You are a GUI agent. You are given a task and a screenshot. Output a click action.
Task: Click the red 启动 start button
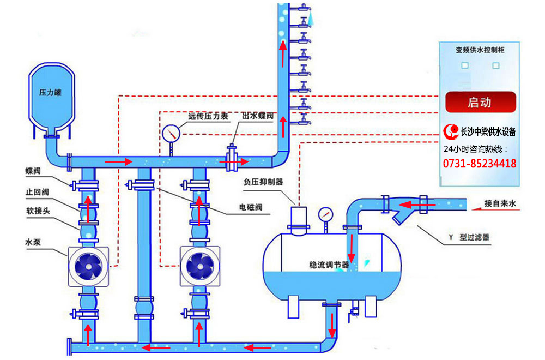point(480,102)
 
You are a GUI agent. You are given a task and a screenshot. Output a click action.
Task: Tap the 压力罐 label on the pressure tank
point(50,93)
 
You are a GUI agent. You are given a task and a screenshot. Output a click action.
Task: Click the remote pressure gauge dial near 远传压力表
point(171,134)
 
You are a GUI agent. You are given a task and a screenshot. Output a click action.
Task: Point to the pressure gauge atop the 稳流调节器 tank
point(325,215)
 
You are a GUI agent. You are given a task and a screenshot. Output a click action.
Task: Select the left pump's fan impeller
point(88,266)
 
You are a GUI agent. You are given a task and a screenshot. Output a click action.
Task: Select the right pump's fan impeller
point(200,266)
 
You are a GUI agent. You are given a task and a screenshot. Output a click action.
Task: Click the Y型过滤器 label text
point(469,237)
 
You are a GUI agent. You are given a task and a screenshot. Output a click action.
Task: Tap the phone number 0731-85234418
point(480,164)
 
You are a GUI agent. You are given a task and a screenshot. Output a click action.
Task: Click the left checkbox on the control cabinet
point(465,65)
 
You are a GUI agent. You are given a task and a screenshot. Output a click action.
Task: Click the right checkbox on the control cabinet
point(496,65)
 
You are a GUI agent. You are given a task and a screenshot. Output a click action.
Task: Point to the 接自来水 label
point(500,203)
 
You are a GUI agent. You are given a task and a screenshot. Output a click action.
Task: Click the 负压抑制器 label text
point(263,182)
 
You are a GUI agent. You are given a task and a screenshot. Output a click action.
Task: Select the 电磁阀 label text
point(251,208)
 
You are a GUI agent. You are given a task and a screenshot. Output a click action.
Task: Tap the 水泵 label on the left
point(33,242)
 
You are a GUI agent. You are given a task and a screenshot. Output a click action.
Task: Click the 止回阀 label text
point(37,192)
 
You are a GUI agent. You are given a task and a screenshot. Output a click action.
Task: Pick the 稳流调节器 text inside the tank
point(329,265)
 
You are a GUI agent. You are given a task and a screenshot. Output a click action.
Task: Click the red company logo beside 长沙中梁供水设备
point(451,131)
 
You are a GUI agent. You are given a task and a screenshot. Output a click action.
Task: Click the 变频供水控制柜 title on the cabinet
point(480,50)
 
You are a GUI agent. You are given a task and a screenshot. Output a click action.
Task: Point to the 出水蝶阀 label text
point(258,116)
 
